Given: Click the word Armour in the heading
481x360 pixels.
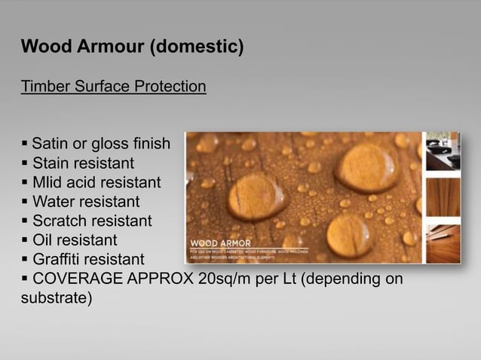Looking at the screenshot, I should tap(107, 47).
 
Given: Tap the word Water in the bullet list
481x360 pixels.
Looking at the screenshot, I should tap(52, 202).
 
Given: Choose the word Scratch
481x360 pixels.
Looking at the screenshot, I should tap(58, 221).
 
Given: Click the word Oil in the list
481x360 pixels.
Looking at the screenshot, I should tap(42, 241).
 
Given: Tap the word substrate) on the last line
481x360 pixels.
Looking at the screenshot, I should tap(57, 299).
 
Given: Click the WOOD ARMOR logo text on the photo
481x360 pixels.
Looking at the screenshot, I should tap(215, 243).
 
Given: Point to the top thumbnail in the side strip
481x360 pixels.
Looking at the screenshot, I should tap(443, 151).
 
